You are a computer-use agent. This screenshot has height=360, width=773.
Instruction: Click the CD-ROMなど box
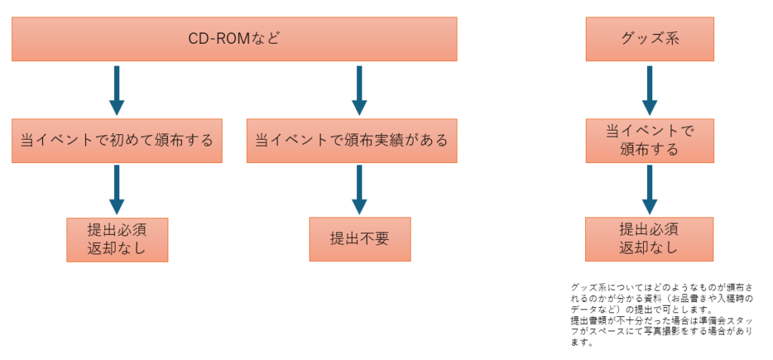(234, 39)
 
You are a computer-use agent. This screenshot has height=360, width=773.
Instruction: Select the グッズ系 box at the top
(649, 39)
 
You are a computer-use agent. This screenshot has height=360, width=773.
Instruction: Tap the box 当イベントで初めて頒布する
(117, 140)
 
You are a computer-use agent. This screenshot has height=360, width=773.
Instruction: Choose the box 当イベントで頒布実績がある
(351, 140)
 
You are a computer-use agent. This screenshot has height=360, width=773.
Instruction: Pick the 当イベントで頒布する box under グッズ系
(649, 140)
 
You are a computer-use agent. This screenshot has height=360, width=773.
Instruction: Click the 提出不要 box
(359, 239)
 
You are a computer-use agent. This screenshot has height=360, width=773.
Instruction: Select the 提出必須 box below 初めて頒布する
(117, 239)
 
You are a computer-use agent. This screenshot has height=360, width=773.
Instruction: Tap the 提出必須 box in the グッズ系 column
(649, 239)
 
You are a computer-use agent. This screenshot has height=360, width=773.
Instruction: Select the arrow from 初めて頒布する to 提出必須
(117, 189)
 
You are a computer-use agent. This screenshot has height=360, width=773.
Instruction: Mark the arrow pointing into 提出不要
(359, 189)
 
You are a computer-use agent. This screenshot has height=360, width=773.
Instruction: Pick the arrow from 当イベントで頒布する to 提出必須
(649, 189)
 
